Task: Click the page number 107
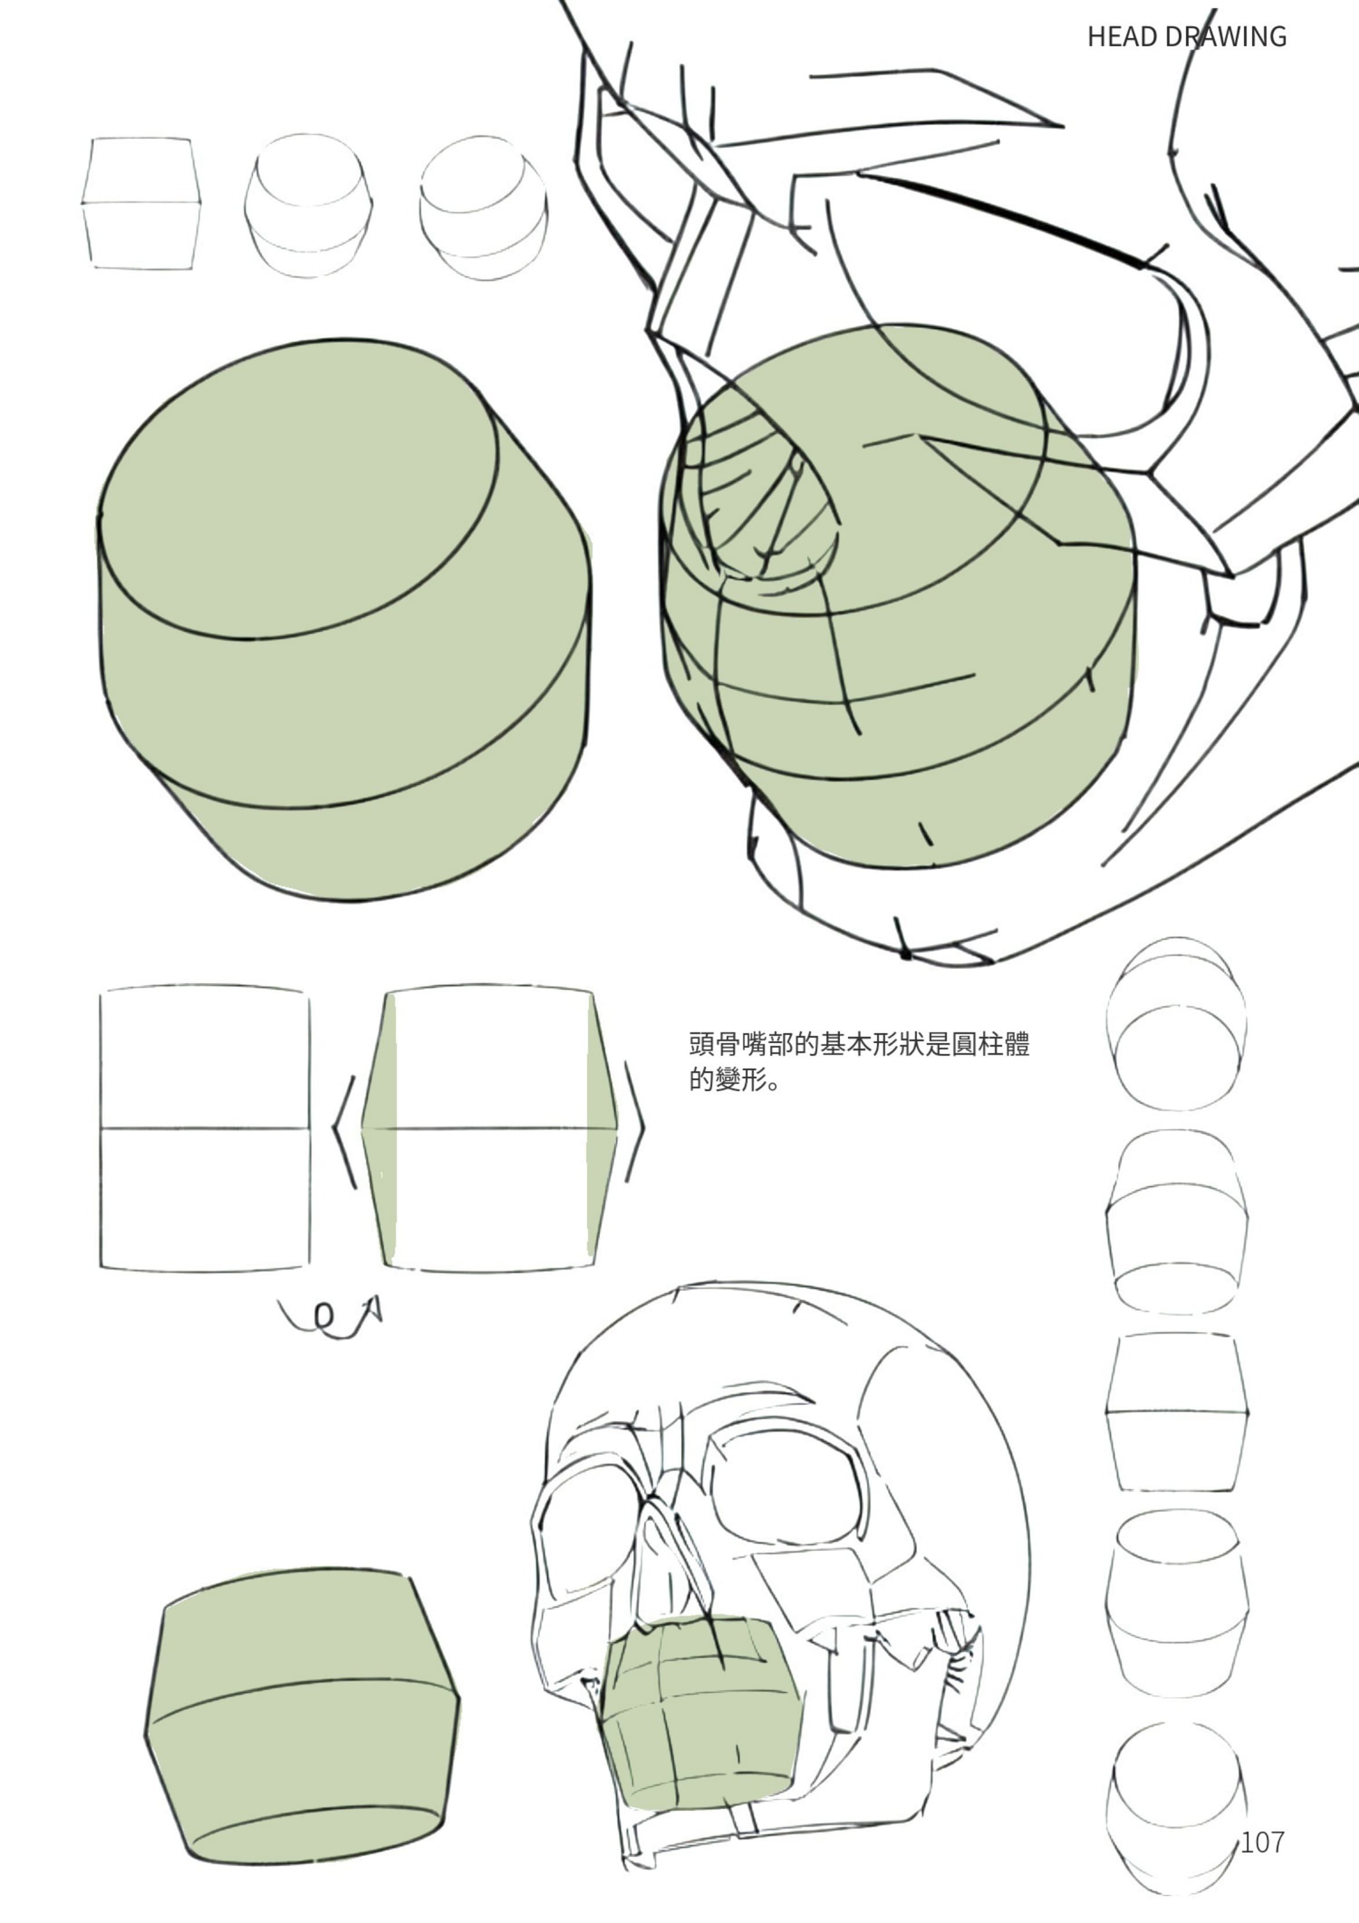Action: tap(1262, 1842)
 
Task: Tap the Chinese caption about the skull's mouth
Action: tap(859, 1061)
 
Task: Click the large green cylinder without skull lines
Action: tap(345, 620)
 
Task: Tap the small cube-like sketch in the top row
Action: tap(141, 204)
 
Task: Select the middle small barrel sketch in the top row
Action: tap(308, 205)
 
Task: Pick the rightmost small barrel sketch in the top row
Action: tap(483, 207)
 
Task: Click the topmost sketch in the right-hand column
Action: tap(1176, 1024)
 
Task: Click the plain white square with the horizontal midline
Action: tap(204, 1129)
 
